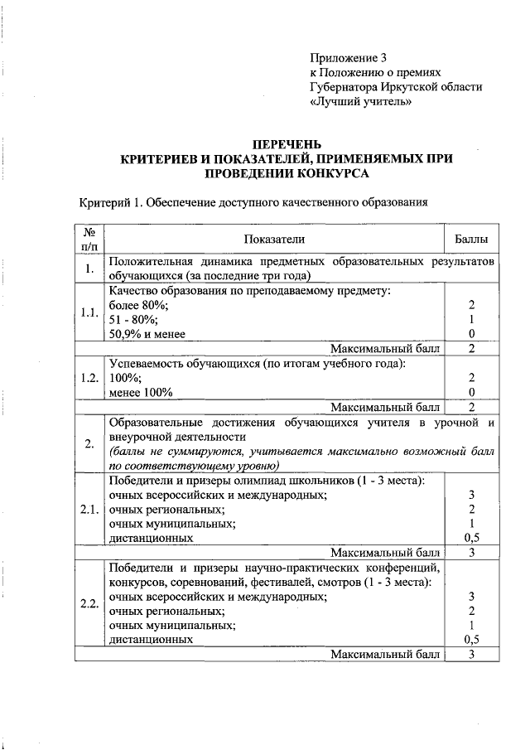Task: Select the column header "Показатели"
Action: (x=274, y=239)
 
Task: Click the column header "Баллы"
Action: (x=471, y=239)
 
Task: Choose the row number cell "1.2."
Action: (x=89, y=377)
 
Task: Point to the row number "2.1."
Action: (x=89, y=509)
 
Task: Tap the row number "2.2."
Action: (x=89, y=602)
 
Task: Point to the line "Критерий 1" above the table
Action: (x=252, y=202)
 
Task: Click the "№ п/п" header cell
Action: (x=89, y=239)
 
